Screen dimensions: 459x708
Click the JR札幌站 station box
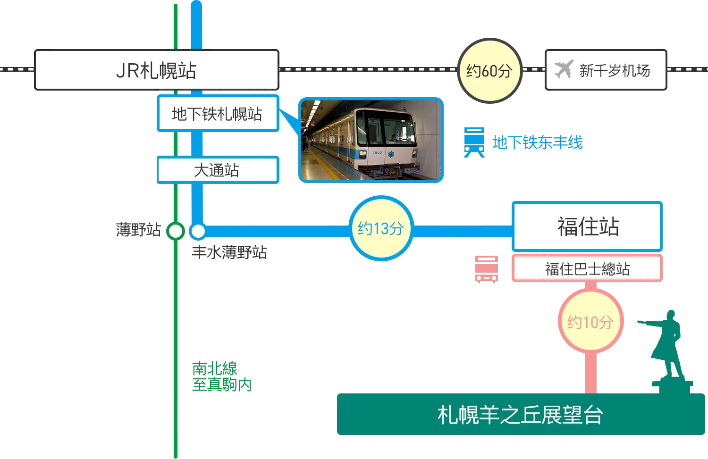[156, 70]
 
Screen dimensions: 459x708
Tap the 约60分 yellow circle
[489, 71]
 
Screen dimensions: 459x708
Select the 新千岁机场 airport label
[614, 71]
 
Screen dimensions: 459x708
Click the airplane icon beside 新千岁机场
[563, 70]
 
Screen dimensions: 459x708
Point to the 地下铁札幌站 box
[217, 114]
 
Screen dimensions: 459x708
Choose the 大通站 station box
[217, 170]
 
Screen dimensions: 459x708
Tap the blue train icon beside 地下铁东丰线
[474, 142]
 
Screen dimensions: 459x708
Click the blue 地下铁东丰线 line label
[538, 142]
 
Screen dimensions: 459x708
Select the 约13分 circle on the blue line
[381, 229]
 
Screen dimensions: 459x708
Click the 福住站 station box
[588, 226]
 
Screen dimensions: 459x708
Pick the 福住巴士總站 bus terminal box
[587, 269]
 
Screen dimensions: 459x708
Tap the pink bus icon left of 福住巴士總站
[486, 268]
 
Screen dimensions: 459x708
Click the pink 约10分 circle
[590, 322]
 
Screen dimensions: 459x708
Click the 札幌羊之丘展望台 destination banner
[520, 415]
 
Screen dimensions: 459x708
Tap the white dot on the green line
[176, 231]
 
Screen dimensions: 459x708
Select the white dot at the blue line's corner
[198, 231]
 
